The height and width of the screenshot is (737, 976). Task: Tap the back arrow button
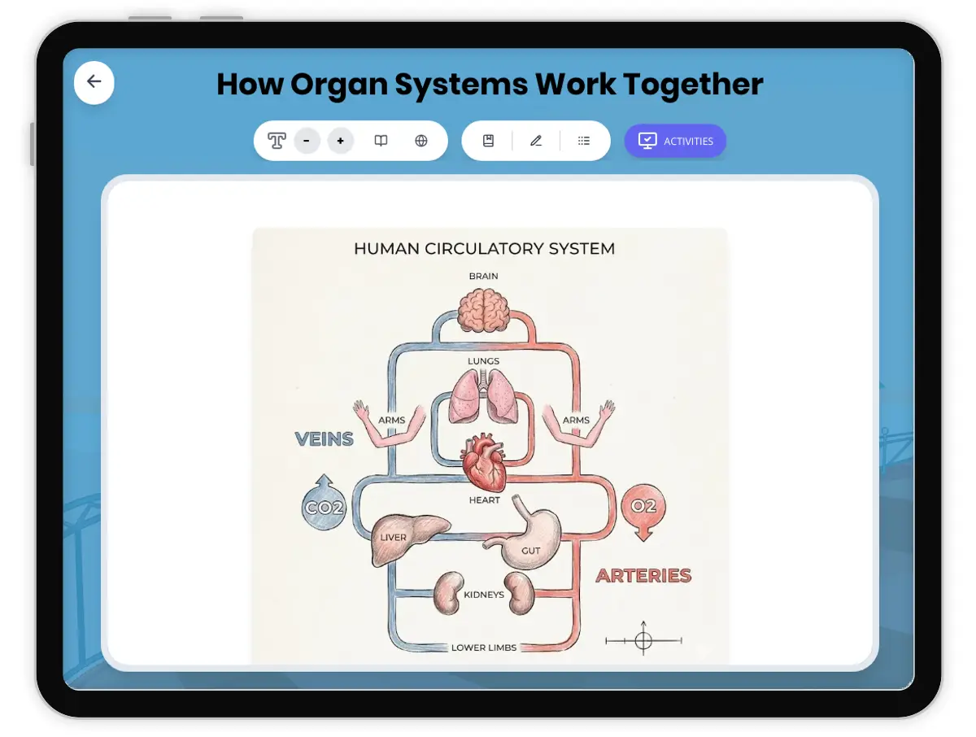94,82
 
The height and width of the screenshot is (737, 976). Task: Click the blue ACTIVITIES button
675,141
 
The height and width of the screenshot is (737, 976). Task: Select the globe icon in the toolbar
421,141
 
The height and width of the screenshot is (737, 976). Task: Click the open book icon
381,141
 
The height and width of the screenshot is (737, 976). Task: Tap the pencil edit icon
536,141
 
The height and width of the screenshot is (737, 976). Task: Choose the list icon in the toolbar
584,141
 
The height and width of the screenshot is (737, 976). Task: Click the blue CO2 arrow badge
325,508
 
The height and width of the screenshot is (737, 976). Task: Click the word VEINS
324,439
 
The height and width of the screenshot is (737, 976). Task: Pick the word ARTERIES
643,576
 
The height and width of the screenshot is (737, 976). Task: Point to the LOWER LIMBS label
484,648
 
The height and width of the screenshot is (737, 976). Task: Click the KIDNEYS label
484,595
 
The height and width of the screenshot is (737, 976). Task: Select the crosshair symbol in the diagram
643,641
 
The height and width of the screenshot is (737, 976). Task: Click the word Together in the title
693,85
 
